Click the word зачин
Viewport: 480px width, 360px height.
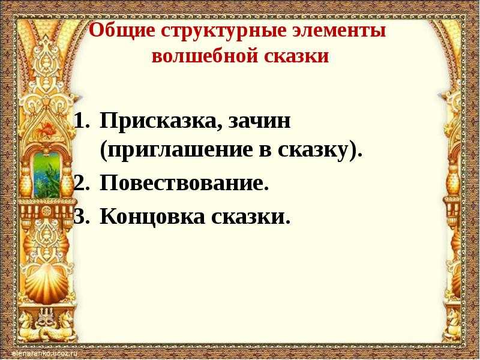pyautogui.click(x=260, y=121)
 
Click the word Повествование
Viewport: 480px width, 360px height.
pyautogui.click(x=184, y=184)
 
